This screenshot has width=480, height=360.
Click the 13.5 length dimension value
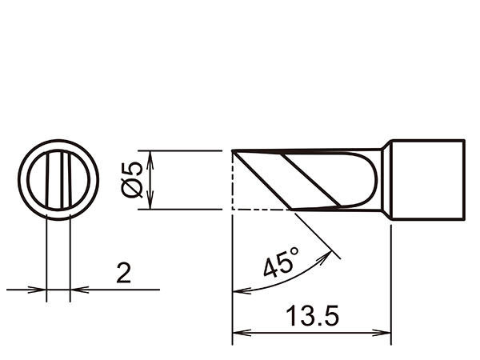tap(310, 317)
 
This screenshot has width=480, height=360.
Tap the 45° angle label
tap(281, 262)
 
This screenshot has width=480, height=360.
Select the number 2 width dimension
tap(123, 274)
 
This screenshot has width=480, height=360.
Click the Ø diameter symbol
tap(133, 188)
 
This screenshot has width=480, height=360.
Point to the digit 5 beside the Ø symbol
tap(133, 169)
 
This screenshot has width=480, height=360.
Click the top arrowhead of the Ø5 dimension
tap(151, 155)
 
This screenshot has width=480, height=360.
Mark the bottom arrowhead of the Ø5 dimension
tap(151, 205)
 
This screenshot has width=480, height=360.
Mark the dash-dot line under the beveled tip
tap(260, 210)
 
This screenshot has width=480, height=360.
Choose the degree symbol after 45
tap(294, 253)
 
